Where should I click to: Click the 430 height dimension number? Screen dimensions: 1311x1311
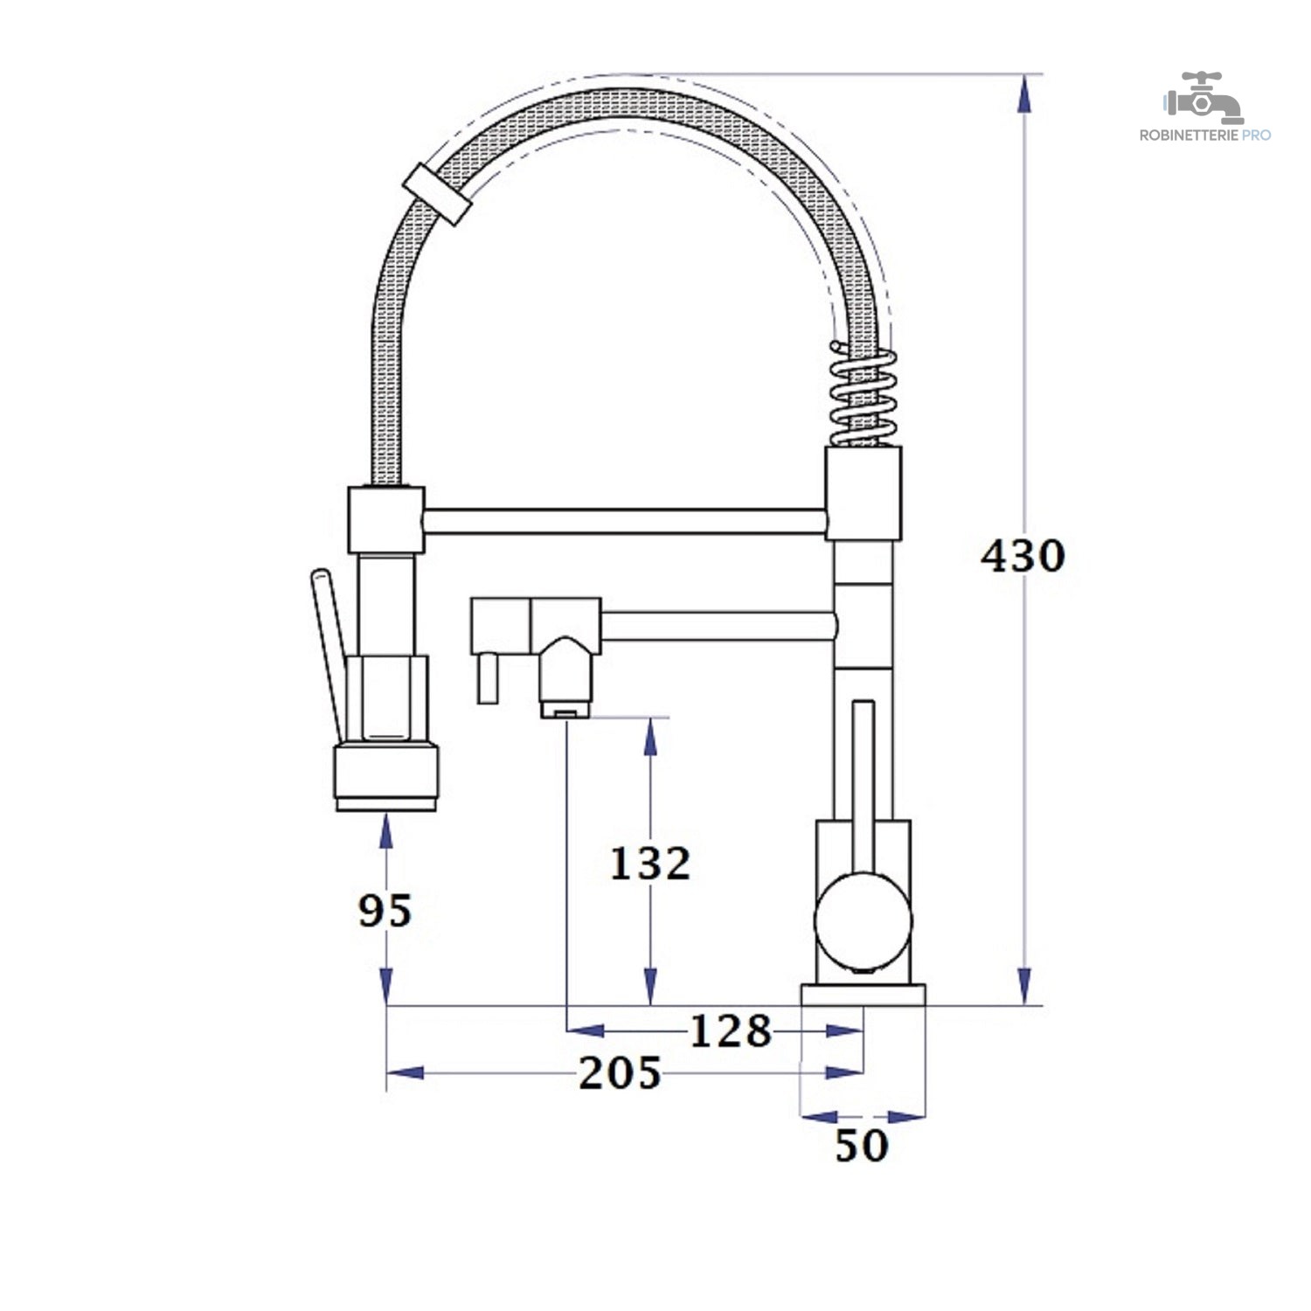coord(1023,556)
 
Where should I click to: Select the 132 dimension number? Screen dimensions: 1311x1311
coord(649,864)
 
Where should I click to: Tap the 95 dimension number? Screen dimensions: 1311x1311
coord(385,911)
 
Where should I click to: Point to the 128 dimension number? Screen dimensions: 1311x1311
coord(731,1031)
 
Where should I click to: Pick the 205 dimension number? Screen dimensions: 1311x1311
coord(620,1073)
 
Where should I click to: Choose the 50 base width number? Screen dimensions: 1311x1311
coord(862,1146)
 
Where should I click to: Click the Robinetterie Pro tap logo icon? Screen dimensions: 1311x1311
coord(1203,98)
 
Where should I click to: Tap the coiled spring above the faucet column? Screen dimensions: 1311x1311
coord(863,393)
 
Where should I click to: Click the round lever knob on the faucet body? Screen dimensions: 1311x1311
coord(863,920)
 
